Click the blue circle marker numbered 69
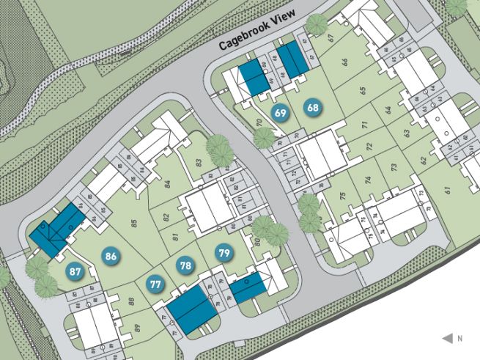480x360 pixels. [x=280, y=113]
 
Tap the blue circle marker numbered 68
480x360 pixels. [x=314, y=108]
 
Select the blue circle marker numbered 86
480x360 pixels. [x=111, y=257]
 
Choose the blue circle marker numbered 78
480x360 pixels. [x=186, y=265]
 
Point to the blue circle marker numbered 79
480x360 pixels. [x=225, y=254]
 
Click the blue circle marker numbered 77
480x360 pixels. [x=155, y=284]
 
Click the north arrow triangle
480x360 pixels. [x=447, y=338]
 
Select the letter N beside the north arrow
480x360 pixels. [x=459, y=339]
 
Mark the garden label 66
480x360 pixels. [x=344, y=62]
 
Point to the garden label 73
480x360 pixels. [x=394, y=168]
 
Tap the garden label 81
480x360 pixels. [x=175, y=236]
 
